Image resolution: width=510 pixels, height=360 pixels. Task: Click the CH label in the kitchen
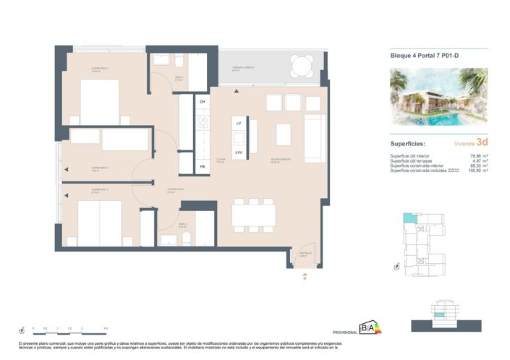click(203, 102)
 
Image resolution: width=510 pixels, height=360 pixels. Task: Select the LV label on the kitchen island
click(238, 124)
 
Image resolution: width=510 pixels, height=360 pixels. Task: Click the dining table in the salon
click(253, 215)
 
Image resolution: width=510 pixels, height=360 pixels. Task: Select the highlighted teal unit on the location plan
click(409, 219)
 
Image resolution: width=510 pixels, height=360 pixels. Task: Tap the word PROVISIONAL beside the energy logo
click(344, 332)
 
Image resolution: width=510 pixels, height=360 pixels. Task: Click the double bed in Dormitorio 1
click(99, 102)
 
